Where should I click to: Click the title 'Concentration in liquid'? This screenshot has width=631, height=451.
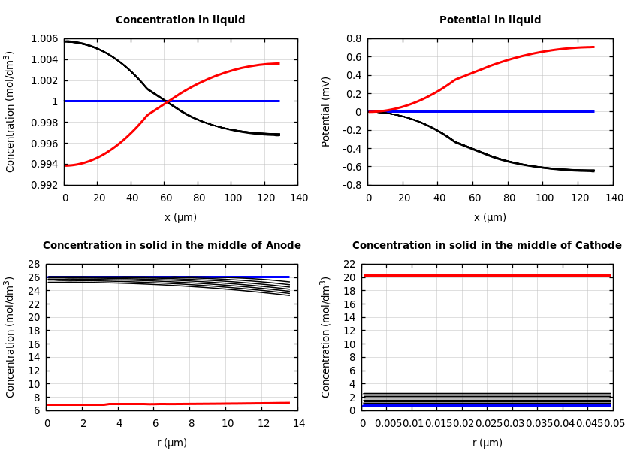[180, 20]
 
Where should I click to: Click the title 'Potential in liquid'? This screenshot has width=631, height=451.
[490, 20]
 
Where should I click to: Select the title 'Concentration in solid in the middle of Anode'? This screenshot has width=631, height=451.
[172, 246]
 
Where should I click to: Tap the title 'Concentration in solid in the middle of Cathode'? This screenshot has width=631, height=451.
[487, 246]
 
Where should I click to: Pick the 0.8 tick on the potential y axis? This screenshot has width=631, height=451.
[353, 39]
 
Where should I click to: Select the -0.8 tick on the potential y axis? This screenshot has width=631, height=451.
[351, 185]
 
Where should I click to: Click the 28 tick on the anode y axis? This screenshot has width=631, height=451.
[33, 265]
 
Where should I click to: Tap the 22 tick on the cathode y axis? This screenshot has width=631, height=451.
[349, 265]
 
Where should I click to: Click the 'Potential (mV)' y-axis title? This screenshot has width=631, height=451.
[326, 111]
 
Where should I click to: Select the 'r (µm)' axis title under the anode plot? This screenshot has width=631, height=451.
[172, 443]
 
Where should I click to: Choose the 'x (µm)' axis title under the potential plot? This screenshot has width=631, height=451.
[490, 217]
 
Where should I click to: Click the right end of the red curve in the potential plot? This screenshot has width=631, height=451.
[593, 47]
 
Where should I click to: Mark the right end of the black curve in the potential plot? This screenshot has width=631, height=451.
[593, 171]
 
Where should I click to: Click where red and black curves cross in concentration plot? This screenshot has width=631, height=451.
[166, 101]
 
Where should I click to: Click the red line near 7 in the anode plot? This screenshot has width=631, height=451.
[172, 404]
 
